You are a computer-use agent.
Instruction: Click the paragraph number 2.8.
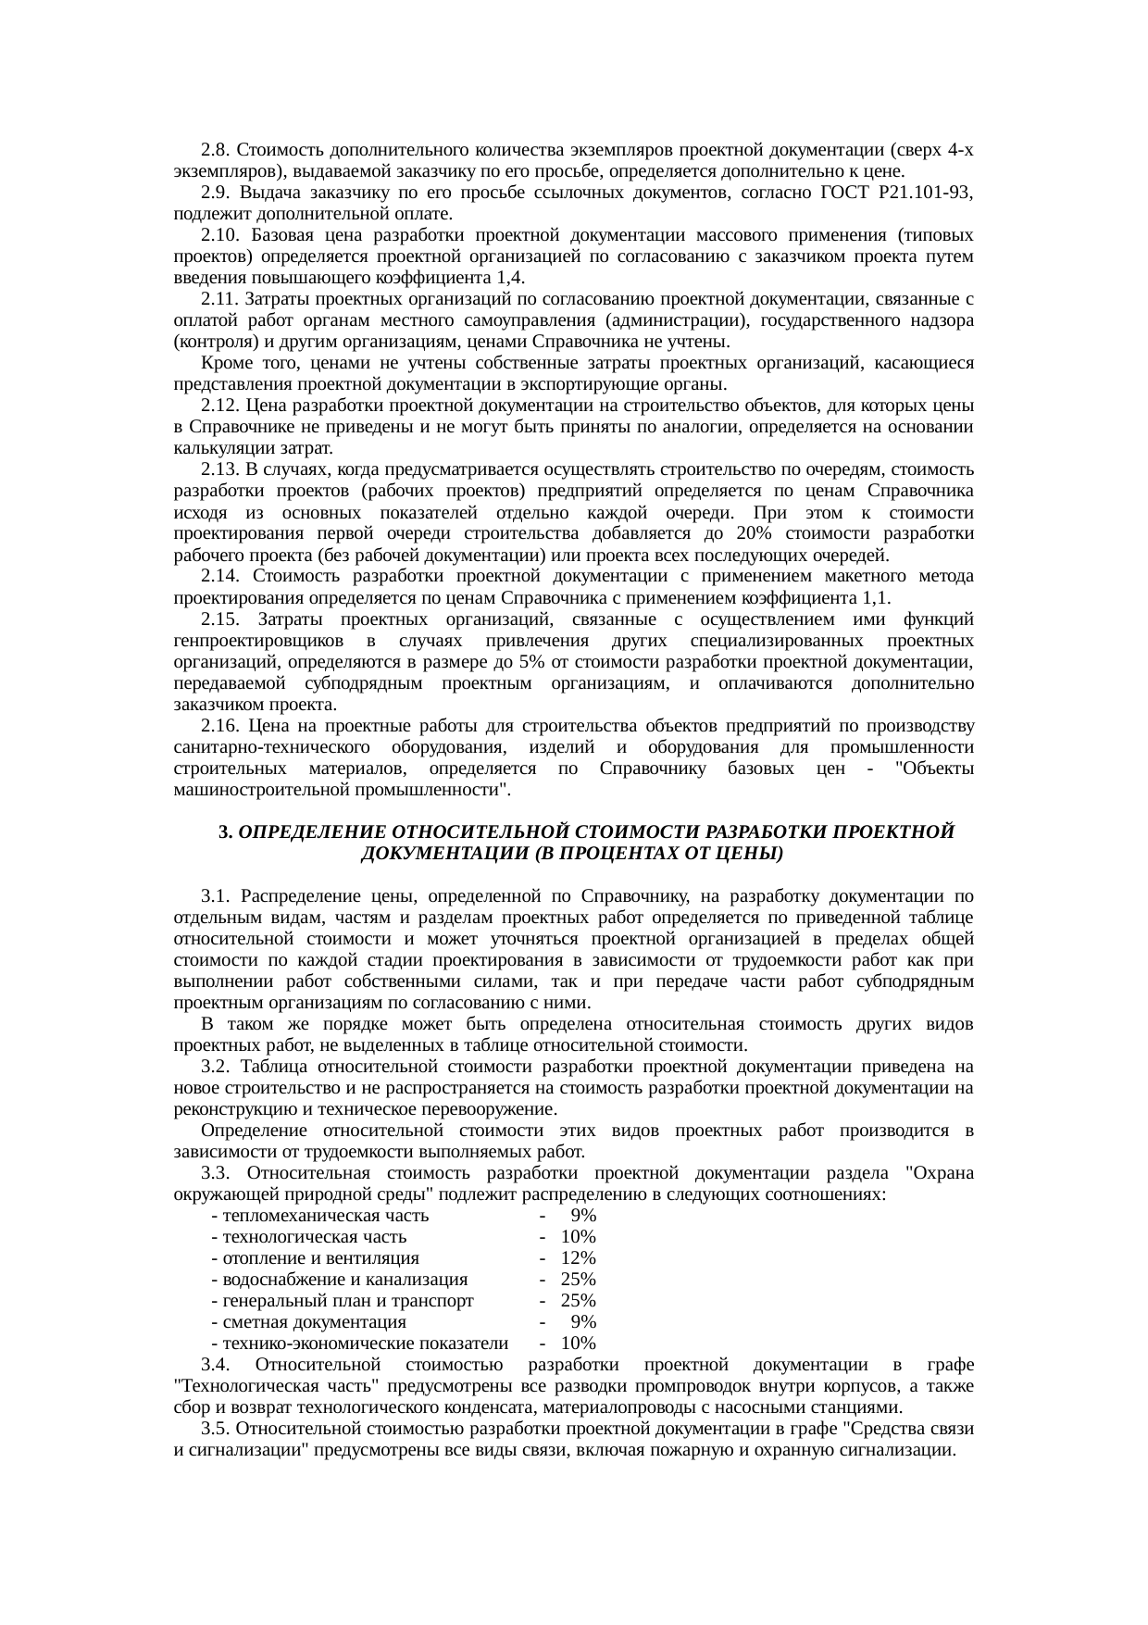[x=215, y=150]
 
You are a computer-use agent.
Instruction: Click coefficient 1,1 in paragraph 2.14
[x=874, y=597]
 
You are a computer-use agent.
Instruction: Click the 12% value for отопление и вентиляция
[x=578, y=1258]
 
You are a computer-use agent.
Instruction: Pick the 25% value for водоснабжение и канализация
[x=578, y=1280]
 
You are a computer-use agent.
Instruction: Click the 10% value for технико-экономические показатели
[x=578, y=1344]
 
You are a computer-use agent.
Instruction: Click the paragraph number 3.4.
[x=215, y=1365]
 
